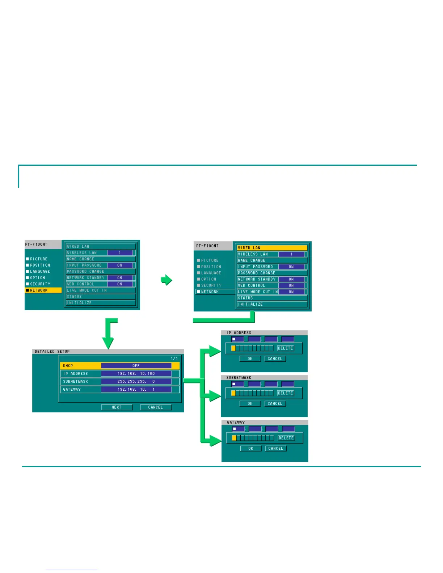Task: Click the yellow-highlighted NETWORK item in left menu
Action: [x=43, y=290]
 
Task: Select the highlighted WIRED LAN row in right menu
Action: [x=271, y=248]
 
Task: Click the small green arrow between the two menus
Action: [x=166, y=280]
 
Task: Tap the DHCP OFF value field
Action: [x=136, y=366]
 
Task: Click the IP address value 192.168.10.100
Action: [x=136, y=374]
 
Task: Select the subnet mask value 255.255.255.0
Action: [x=136, y=382]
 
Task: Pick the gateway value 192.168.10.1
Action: [x=136, y=390]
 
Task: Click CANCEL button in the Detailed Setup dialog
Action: [x=156, y=407]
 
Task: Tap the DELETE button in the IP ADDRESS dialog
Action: [x=285, y=348]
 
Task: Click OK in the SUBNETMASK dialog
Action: [x=250, y=404]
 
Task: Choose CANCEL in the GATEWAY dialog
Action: [x=276, y=449]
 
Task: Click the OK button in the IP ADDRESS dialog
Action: [x=250, y=359]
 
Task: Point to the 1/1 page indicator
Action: [x=174, y=358]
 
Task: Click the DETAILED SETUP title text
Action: [x=52, y=352]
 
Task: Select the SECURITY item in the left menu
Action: [x=40, y=284]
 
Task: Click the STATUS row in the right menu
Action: [x=271, y=298]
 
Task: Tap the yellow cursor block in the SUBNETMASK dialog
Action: [x=233, y=393]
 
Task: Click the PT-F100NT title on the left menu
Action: [x=36, y=245]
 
